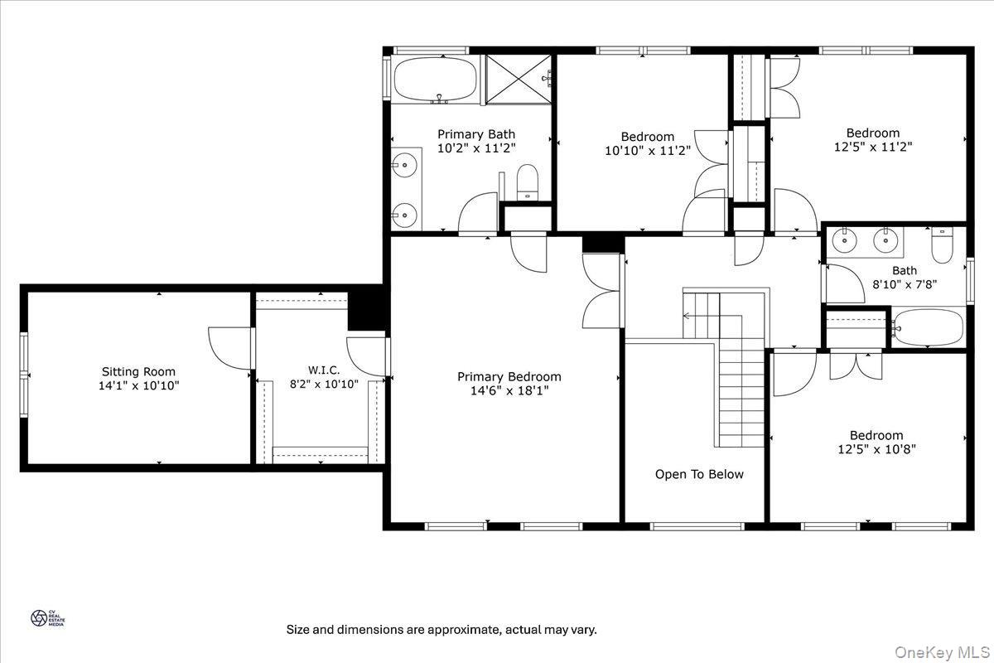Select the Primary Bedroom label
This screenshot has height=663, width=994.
pos(509,377)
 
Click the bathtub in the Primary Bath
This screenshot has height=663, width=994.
pos(434,80)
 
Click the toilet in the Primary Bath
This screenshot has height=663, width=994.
pos(528,182)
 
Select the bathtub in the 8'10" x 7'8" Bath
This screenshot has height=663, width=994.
pos(928,328)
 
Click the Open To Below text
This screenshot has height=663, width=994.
pos(699,475)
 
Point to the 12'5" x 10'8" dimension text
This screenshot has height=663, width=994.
pos(876,449)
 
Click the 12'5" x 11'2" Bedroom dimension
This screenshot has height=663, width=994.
pos(872,147)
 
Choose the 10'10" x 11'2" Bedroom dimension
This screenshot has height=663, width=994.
pos(647,151)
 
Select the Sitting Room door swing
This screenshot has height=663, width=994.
pos(226,346)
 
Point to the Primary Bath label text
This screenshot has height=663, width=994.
pos(475,134)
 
